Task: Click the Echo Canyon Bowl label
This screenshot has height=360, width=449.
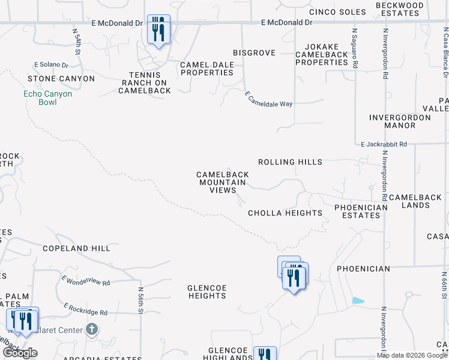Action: (47, 98)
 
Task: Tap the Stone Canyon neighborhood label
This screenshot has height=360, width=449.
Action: (61, 79)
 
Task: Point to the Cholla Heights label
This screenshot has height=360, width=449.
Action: (285, 213)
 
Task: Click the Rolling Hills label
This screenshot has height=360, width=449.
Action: (290, 162)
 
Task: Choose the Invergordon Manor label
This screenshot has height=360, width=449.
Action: (400, 121)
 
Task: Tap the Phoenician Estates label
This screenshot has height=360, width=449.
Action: (361, 212)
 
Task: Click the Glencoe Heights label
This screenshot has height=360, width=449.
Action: (207, 292)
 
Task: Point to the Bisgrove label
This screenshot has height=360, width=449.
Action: (254, 53)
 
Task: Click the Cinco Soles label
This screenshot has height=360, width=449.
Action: (337, 12)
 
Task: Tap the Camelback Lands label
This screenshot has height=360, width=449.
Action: (415, 201)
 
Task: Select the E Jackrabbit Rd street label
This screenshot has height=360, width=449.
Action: (384, 144)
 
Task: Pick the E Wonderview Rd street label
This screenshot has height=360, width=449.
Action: (86, 280)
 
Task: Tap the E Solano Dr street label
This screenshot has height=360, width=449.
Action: (51, 64)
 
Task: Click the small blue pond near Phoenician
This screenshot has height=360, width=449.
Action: (358, 300)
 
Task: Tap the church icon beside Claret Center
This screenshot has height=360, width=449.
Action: (91, 329)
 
